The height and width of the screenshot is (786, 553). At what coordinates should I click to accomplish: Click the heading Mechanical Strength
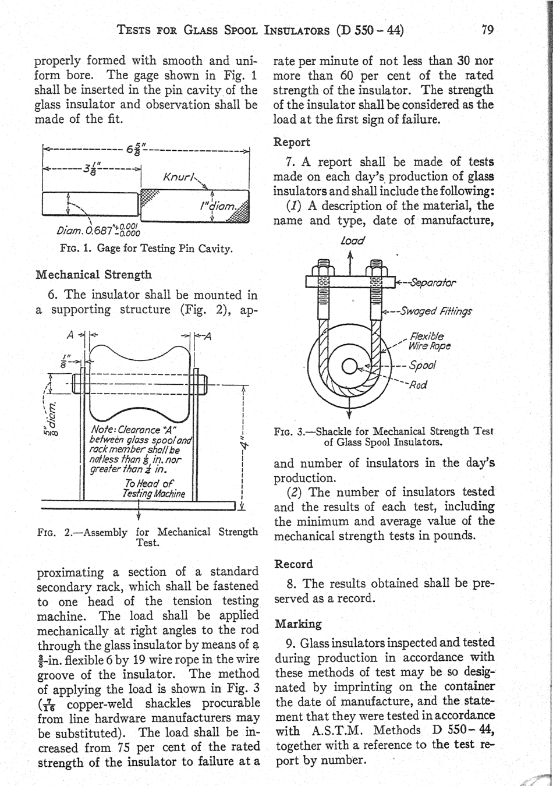click(x=94, y=274)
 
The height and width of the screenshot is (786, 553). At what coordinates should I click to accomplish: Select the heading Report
click(x=292, y=142)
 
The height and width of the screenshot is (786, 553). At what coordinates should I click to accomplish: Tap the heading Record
click(x=293, y=564)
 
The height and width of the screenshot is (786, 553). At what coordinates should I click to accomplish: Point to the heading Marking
click(x=298, y=624)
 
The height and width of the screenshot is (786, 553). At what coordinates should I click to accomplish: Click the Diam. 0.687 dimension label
click(x=97, y=232)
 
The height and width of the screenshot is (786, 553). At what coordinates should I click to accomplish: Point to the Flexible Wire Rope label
click(x=430, y=342)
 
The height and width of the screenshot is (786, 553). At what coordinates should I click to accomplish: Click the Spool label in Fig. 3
click(x=423, y=366)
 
